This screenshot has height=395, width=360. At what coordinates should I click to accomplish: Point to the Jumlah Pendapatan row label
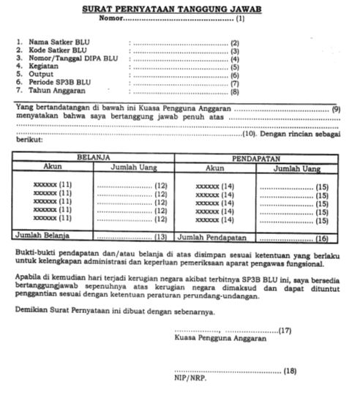(x=213, y=236)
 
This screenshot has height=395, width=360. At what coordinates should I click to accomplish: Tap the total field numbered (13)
(x=132, y=236)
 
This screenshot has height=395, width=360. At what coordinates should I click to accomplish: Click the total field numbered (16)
(x=300, y=236)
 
